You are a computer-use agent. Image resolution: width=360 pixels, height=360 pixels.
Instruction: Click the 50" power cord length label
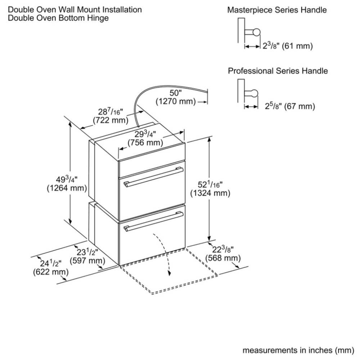[x=176, y=93]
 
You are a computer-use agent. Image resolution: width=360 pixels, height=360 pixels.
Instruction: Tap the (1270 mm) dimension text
[x=176, y=101]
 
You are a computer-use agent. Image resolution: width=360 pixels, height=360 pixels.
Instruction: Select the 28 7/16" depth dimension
[x=111, y=112]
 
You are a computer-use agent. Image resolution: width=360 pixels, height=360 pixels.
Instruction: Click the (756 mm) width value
[x=145, y=143]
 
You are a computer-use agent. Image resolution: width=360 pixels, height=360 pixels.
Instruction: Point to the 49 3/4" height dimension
[x=67, y=179]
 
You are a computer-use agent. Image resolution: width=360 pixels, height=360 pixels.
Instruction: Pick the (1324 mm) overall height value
[x=210, y=193]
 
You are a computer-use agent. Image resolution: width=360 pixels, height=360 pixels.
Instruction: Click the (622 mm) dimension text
[x=51, y=272]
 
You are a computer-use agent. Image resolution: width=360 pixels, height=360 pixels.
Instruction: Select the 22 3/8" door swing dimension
[x=223, y=249]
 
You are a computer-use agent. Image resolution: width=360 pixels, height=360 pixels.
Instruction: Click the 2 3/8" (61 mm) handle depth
[x=288, y=46]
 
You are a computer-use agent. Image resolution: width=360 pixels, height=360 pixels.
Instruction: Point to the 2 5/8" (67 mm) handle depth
[x=290, y=106]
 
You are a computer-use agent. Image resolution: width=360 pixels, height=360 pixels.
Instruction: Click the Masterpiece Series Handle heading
[x=277, y=10]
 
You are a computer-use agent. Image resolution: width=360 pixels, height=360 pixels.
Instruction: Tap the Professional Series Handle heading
[x=278, y=71]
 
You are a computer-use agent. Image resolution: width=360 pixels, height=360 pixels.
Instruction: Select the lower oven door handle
[x=153, y=221]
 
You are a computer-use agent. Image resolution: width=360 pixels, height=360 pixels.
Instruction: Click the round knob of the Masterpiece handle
[x=257, y=32]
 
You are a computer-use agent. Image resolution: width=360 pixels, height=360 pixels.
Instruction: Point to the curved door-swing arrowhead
[x=170, y=273]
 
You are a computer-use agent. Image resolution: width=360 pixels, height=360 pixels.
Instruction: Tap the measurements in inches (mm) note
[x=298, y=350]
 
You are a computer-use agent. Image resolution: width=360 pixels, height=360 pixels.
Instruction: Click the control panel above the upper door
[x=152, y=168]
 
